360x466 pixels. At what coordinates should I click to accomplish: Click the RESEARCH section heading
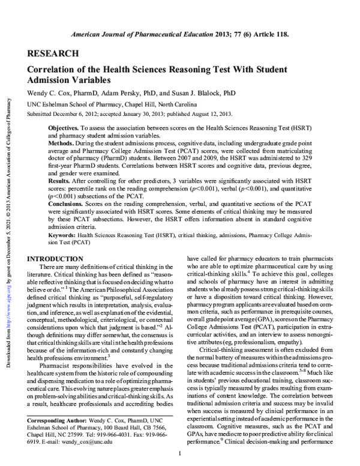(53, 53)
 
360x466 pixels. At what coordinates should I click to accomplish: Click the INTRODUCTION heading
(59, 258)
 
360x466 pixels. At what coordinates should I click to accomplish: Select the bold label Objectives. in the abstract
(64, 129)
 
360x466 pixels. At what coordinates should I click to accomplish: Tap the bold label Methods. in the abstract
(62, 145)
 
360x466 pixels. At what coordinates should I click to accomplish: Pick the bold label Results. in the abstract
(61, 179)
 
